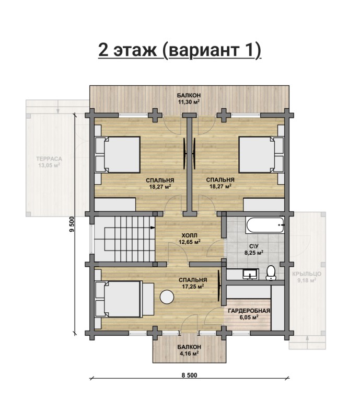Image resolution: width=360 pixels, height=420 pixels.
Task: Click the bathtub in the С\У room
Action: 265,225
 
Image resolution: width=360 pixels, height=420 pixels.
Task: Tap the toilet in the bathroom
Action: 271,273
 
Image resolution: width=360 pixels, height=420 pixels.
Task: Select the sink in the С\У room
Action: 250,274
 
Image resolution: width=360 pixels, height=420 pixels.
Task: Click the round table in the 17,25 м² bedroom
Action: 167,297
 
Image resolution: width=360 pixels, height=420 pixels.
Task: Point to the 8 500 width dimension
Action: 189,375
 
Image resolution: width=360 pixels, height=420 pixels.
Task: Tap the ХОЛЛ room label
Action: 190,235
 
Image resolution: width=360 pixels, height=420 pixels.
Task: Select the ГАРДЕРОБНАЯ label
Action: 249,311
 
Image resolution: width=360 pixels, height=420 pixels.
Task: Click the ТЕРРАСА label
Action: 49,159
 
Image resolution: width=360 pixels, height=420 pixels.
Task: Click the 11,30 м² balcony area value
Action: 189,102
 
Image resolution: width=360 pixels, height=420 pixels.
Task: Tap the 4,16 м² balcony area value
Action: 189,353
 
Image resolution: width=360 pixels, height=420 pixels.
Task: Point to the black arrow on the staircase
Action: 153,228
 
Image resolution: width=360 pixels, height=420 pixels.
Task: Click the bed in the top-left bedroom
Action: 118,154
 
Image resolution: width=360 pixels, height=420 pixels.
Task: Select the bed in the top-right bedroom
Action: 261,154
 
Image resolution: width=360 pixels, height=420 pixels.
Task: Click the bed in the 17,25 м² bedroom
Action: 125,299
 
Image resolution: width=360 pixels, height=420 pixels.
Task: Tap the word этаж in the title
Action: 135,50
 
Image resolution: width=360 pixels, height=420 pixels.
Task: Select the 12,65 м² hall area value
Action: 190,242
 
